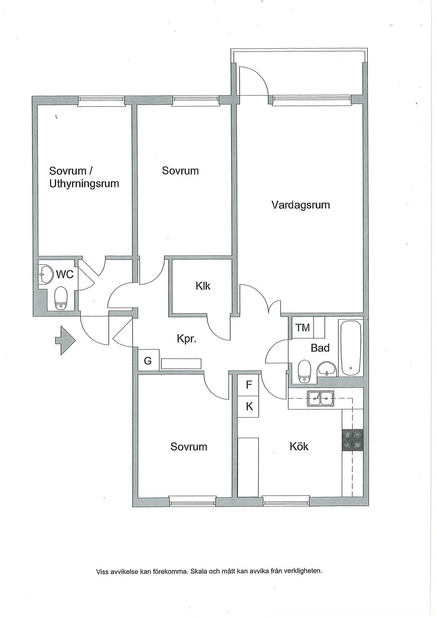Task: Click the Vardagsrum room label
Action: coord(300,205)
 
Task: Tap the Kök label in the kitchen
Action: coord(299,447)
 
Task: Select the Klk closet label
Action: coord(203,286)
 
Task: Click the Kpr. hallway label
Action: coord(186,339)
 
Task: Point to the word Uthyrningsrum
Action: coord(84,184)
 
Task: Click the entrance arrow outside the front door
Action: coord(65,340)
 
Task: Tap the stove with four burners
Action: coord(353,440)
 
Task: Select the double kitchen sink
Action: coord(320,398)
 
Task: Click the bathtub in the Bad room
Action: coord(351,348)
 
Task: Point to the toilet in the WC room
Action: coord(61,297)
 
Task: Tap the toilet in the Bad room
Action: coord(305,371)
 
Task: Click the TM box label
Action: coord(303,328)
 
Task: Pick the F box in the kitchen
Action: coord(249,385)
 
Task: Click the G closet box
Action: coord(148,360)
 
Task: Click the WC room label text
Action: coord(65,275)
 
